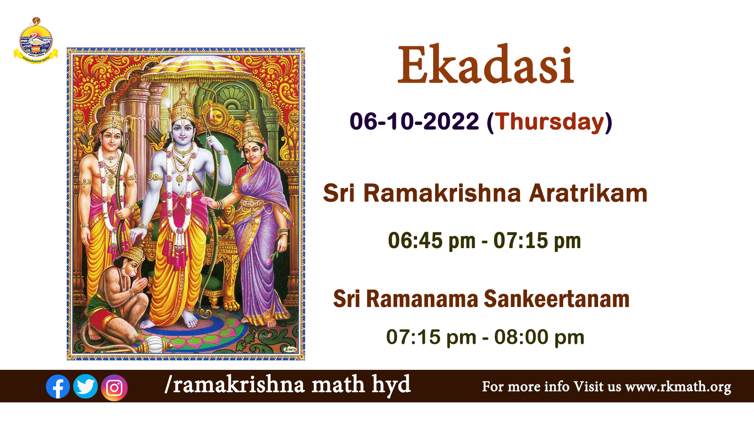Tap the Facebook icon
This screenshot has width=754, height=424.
point(58,387)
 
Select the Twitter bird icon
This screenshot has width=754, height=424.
point(85,386)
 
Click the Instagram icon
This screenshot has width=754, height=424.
point(114,388)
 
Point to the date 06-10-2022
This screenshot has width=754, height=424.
point(414,121)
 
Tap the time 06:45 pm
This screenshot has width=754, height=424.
point(432,241)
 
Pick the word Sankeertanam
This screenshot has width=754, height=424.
point(556,299)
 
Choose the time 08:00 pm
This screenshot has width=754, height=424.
point(539,337)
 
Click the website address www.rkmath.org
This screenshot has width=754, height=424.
point(678,387)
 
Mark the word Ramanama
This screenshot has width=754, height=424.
point(422,299)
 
